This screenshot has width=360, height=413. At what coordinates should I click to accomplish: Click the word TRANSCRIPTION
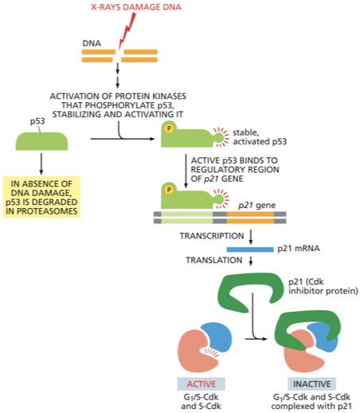click(x=212, y=237)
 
